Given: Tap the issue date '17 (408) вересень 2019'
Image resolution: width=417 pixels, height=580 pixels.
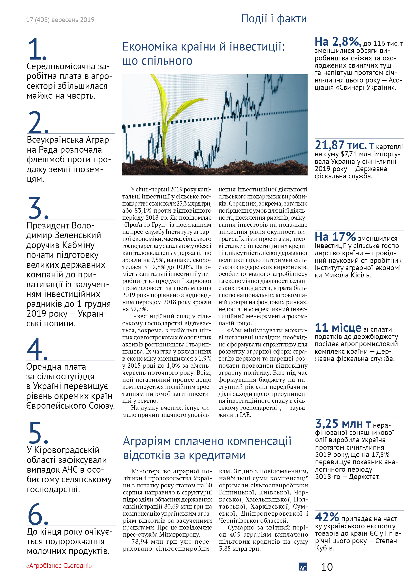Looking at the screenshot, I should pos(60,20).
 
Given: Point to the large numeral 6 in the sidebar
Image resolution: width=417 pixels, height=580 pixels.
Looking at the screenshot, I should pos(38,514).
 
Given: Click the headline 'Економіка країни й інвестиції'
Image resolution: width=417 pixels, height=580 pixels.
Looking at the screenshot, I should pos(203,47).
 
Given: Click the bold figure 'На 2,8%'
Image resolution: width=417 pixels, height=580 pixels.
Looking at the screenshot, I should pos(338,42).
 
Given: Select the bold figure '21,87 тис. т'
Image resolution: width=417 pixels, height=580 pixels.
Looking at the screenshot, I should pos(344,145).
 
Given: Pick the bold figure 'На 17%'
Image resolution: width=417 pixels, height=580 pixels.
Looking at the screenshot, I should pos(335,237).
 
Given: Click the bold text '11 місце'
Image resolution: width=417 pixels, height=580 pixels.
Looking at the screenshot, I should pos(338,328).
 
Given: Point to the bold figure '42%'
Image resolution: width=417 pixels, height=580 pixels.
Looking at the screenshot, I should pos(327,517).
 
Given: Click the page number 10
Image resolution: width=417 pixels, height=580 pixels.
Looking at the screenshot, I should pos(327,567).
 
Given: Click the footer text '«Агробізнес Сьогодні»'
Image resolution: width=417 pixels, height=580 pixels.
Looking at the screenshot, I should pos(59,566).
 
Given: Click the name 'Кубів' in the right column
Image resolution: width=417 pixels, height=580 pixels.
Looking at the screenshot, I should pos(324,548).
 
